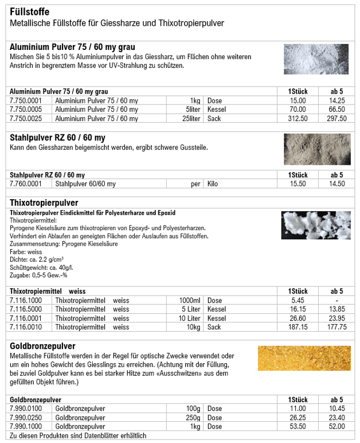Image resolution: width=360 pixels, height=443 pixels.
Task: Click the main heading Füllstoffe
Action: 30,11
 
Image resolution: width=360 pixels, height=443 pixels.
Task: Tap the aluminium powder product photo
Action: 316,59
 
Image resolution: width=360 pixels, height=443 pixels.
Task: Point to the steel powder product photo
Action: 316,149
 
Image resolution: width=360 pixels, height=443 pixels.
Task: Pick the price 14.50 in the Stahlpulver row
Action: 336,184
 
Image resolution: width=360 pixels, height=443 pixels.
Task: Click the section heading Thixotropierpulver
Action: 44,203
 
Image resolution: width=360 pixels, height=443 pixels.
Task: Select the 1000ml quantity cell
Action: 190,301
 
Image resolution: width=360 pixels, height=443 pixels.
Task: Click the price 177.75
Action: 336,327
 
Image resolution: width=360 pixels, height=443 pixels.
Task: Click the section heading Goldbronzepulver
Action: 42,347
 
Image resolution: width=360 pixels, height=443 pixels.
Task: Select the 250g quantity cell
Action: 193,418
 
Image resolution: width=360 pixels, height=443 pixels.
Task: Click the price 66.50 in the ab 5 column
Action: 336,110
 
